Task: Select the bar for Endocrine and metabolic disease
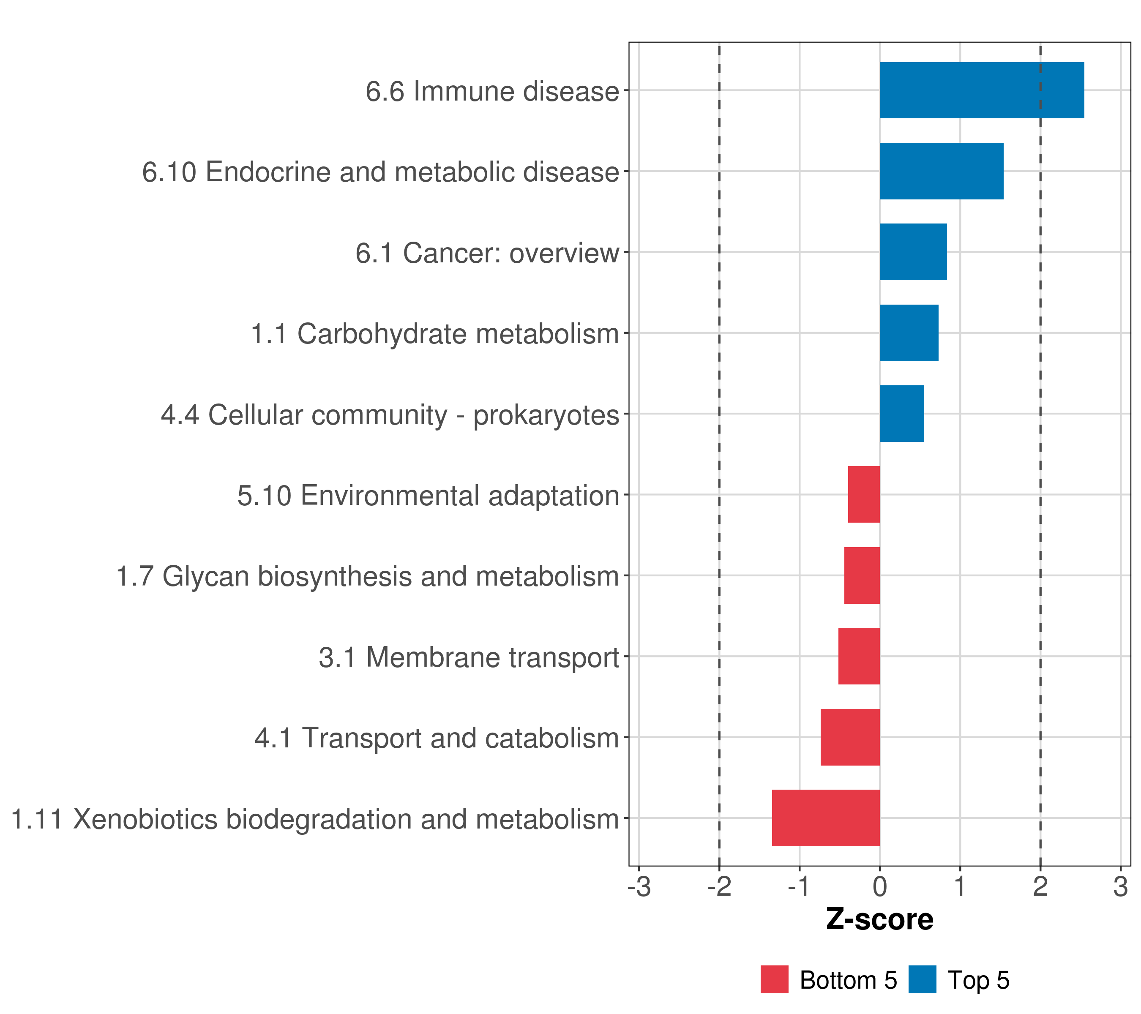click(941, 172)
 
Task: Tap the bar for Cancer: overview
click(913, 252)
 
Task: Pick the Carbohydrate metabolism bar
click(909, 333)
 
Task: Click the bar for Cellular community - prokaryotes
click(901, 414)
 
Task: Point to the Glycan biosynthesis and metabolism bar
click(862, 575)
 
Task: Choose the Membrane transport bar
click(859, 656)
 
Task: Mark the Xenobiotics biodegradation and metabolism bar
click(826, 818)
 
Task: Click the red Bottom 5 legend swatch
click(774, 979)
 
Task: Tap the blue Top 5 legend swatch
click(922, 979)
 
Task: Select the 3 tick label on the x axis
click(1120, 887)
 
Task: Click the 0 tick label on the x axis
click(880, 887)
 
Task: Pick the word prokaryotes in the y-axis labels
click(546, 416)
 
